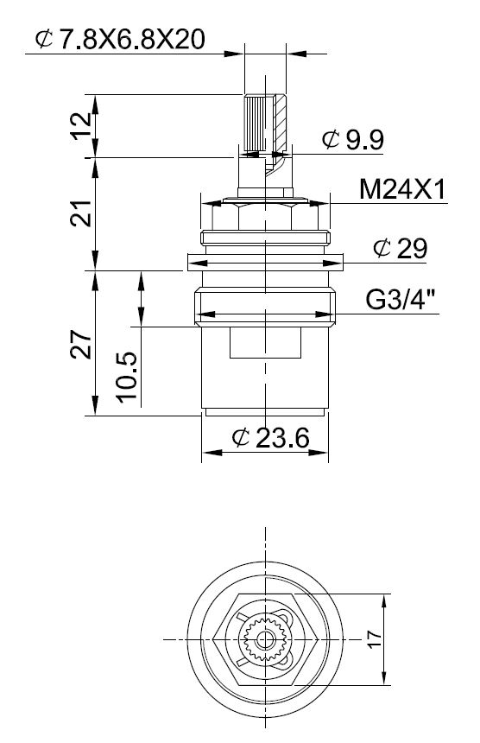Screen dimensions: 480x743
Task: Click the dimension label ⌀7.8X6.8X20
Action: tap(120, 39)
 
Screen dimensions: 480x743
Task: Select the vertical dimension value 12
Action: tap(82, 124)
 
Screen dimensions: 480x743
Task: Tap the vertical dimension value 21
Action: tap(81, 213)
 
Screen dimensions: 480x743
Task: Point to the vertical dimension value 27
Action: tap(81, 345)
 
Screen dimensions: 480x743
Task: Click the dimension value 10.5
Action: tap(127, 378)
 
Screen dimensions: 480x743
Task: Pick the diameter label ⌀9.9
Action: tap(353, 139)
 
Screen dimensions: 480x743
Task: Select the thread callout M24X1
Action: tap(403, 190)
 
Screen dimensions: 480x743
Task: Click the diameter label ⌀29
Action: tap(400, 248)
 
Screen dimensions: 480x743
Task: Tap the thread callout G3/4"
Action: tap(401, 300)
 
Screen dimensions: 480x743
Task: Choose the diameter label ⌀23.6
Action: tap(271, 437)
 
